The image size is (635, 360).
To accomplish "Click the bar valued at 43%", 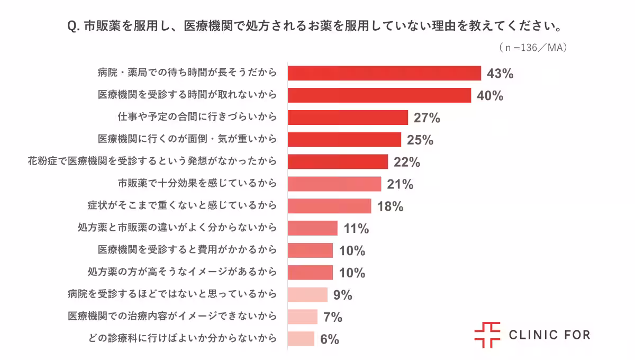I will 384,73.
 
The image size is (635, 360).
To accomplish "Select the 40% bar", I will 379,95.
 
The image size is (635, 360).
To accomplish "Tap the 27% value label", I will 427,118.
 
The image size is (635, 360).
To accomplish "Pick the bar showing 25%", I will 344,140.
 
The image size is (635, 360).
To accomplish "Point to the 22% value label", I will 406,162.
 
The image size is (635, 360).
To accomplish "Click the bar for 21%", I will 334,184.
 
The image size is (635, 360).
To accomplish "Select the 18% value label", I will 391,206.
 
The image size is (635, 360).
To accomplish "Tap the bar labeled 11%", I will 313,228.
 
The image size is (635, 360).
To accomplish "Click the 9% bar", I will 307,294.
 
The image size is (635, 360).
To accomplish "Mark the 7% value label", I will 333,317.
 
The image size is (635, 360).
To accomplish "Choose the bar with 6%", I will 301,339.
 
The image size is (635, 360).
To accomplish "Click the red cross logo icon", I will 487,335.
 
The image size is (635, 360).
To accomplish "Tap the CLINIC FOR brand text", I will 549,335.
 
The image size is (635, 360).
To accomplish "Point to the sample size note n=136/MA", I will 533,48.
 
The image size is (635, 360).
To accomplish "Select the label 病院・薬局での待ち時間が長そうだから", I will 187,73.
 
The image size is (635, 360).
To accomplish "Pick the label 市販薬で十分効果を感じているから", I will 197,184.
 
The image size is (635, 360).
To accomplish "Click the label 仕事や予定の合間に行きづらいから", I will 197,118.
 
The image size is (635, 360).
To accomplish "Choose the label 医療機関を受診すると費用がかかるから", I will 187,250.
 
